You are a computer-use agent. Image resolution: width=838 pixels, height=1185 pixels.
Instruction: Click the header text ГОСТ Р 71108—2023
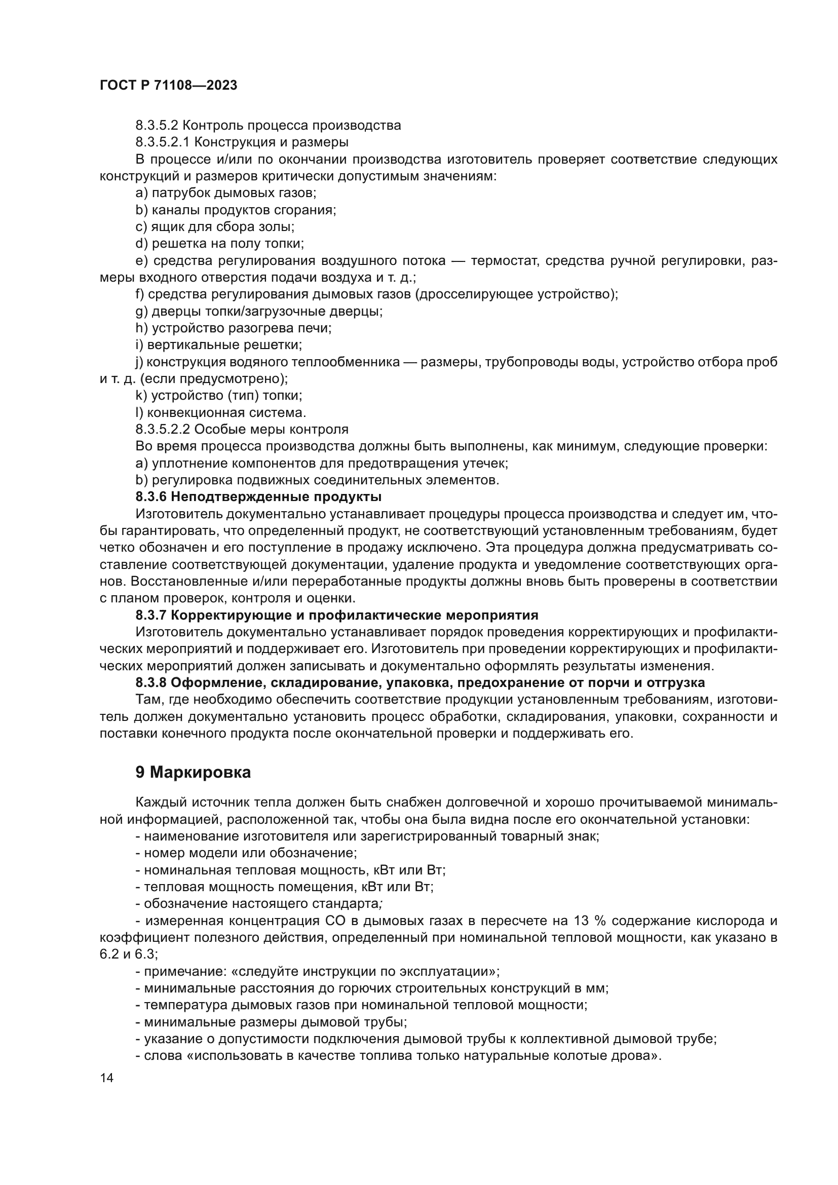[x=168, y=86]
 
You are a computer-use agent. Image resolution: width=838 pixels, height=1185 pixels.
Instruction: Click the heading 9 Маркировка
[x=193, y=773]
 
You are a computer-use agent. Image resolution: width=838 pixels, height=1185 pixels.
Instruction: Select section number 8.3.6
[x=150, y=497]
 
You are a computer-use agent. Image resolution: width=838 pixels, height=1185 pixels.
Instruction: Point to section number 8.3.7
[x=150, y=615]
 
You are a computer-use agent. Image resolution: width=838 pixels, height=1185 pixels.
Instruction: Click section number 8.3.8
[x=150, y=683]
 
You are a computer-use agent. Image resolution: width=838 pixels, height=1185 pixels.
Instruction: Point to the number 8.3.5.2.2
[x=163, y=430]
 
